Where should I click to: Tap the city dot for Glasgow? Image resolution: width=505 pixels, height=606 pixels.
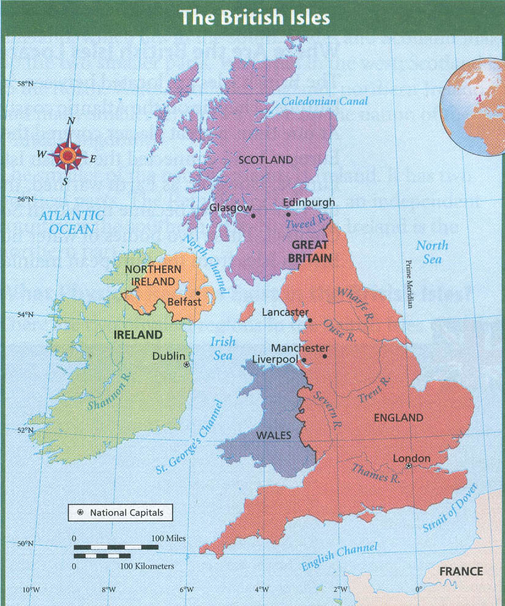click(x=253, y=215)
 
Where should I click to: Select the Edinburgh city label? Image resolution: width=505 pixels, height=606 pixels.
click(x=309, y=203)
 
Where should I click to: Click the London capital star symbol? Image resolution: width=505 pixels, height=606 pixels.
click(x=408, y=466)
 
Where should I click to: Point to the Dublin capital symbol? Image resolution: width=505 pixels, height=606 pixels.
click(x=187, y=364)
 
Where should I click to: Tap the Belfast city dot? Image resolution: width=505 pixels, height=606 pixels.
click(x=198, y=293)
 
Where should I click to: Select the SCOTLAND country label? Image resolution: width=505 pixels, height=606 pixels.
click(x=266, y=160)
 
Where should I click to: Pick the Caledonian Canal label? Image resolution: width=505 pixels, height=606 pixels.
click(x=324, y=102)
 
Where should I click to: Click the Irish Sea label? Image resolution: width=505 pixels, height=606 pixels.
click(x=222, y=348)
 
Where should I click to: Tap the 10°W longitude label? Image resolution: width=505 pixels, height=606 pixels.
click(x=31, y=590)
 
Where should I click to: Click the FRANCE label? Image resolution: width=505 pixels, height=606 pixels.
click(x=462, y=572)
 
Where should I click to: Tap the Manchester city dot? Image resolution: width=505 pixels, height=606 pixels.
click(x=325, y=356)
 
